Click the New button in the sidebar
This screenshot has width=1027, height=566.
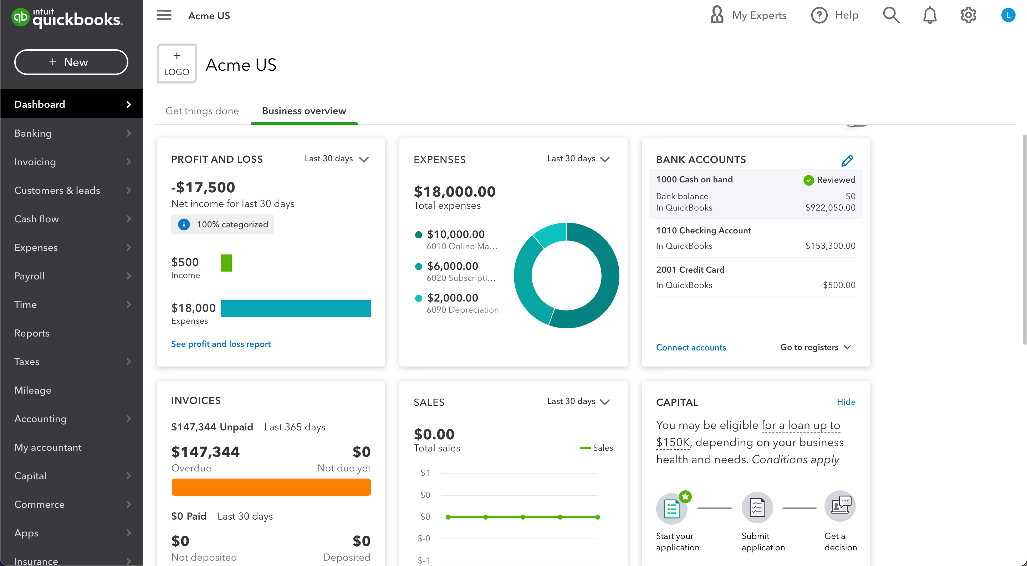coord(71,62)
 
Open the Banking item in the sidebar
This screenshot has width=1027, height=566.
coord(33,133)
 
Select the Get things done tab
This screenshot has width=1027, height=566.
coord(202,111)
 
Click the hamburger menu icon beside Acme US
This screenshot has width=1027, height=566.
coord(164,16)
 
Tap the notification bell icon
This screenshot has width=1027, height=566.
coord(930,16)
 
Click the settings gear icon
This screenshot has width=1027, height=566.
coord(968,16)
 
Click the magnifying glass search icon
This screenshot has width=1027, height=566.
coord(891,16)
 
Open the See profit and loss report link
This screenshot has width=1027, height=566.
coord(221,344)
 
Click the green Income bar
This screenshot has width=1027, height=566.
coord(226,263)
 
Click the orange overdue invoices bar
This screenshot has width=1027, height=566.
coord(271,487)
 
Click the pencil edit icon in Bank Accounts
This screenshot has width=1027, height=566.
coord(847,161)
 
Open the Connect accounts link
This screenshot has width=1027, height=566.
coord(691,348)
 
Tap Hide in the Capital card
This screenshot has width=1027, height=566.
coord(846,402)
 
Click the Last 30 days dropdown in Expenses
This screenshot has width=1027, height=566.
coord(578,159)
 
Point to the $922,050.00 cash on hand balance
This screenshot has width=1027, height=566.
coord(830,207)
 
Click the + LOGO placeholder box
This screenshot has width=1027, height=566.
coord(177,64)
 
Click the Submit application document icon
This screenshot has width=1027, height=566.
coord(757,507)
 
